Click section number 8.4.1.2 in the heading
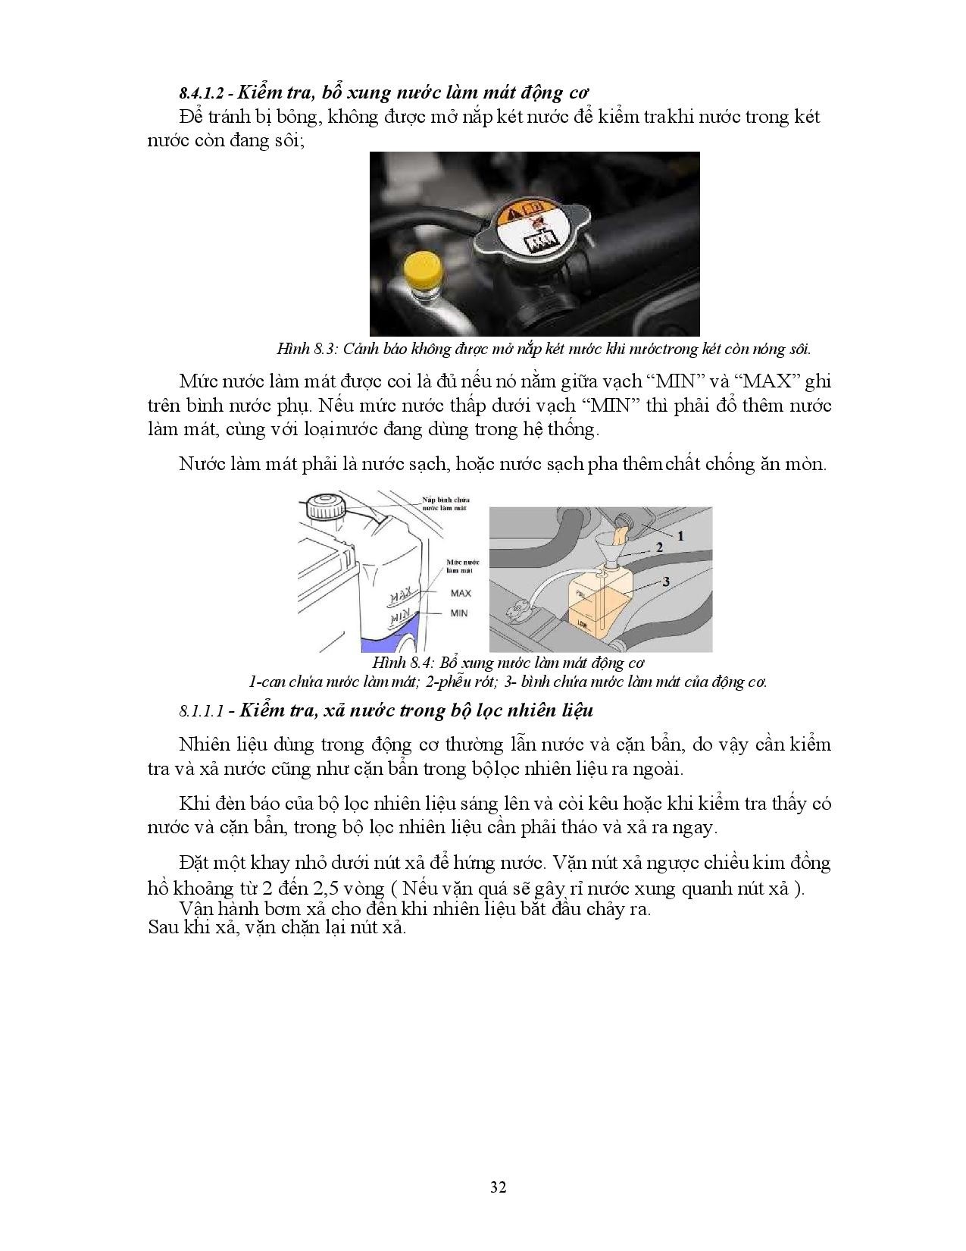point(206,93)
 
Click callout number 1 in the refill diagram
point(680,535)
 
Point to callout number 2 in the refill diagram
point(659,547)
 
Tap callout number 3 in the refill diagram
point(665,582)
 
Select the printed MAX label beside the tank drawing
point(460,593)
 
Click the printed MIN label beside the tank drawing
point(459,613)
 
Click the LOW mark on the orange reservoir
point(582,623)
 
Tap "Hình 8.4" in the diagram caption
point(409,663)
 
